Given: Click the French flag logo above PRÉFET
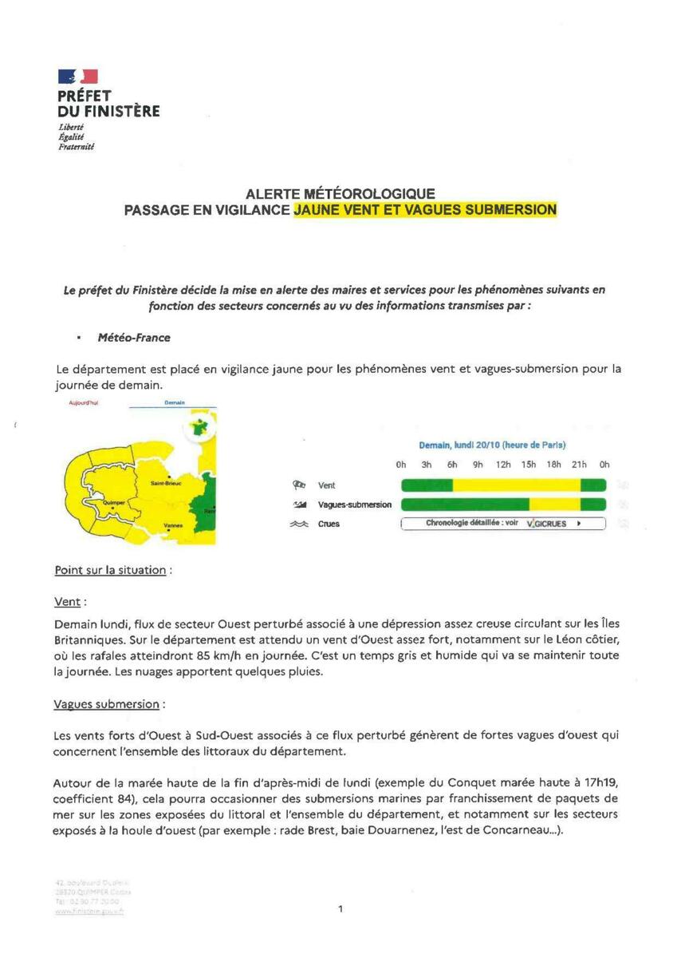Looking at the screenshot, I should (x=77, y=77).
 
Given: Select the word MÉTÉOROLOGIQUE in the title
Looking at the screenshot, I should (x=372, y=194).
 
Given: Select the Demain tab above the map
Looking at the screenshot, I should (x=175, y=403).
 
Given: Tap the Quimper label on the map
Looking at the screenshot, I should (x=105, y=503).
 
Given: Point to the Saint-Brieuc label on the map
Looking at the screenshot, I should (x=169, y=484).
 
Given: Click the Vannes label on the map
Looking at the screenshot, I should (x=173, y=525).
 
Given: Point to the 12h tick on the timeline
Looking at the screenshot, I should (x=503, y=465).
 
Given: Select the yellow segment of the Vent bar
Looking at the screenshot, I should (x=516, y=485).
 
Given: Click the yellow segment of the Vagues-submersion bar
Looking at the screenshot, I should (x=555, y=504).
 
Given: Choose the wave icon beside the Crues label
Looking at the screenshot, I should (x=300, y=525).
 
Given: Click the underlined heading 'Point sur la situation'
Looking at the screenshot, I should (x=112, y=570).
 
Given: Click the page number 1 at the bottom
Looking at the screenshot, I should (x=340, y=908).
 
